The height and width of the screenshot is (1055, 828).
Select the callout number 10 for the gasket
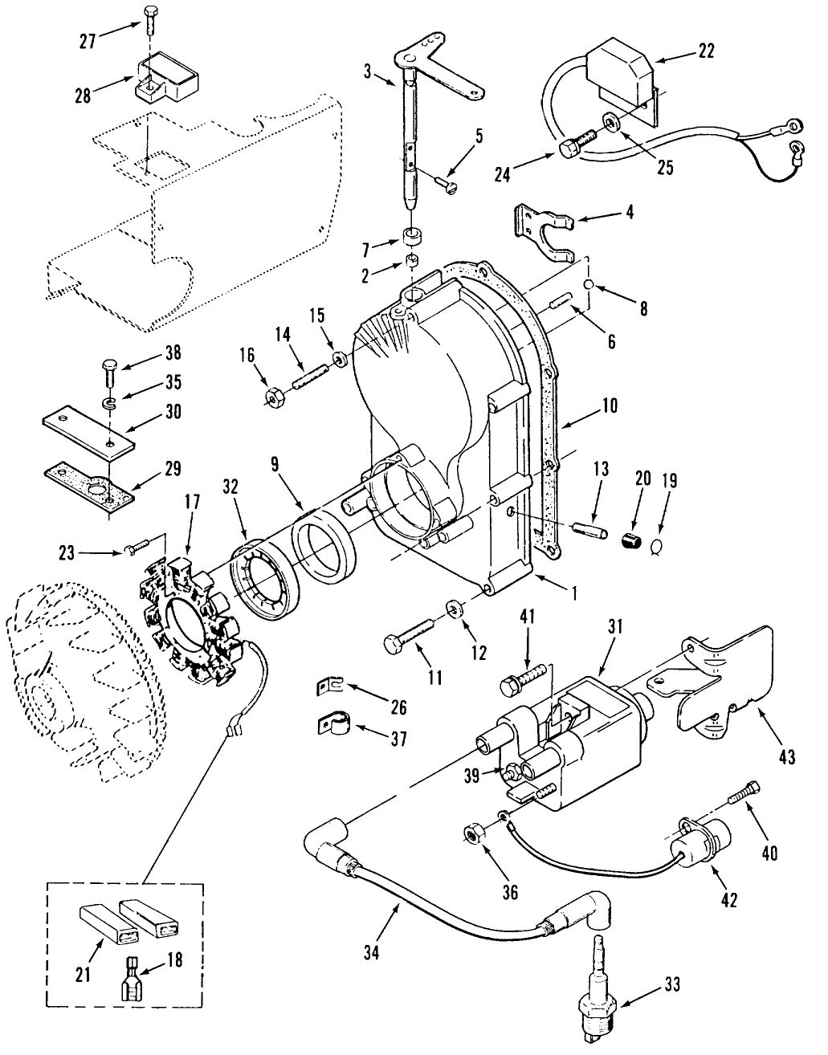pos(608,406)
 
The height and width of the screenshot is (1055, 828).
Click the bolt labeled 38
pos(110,376)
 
